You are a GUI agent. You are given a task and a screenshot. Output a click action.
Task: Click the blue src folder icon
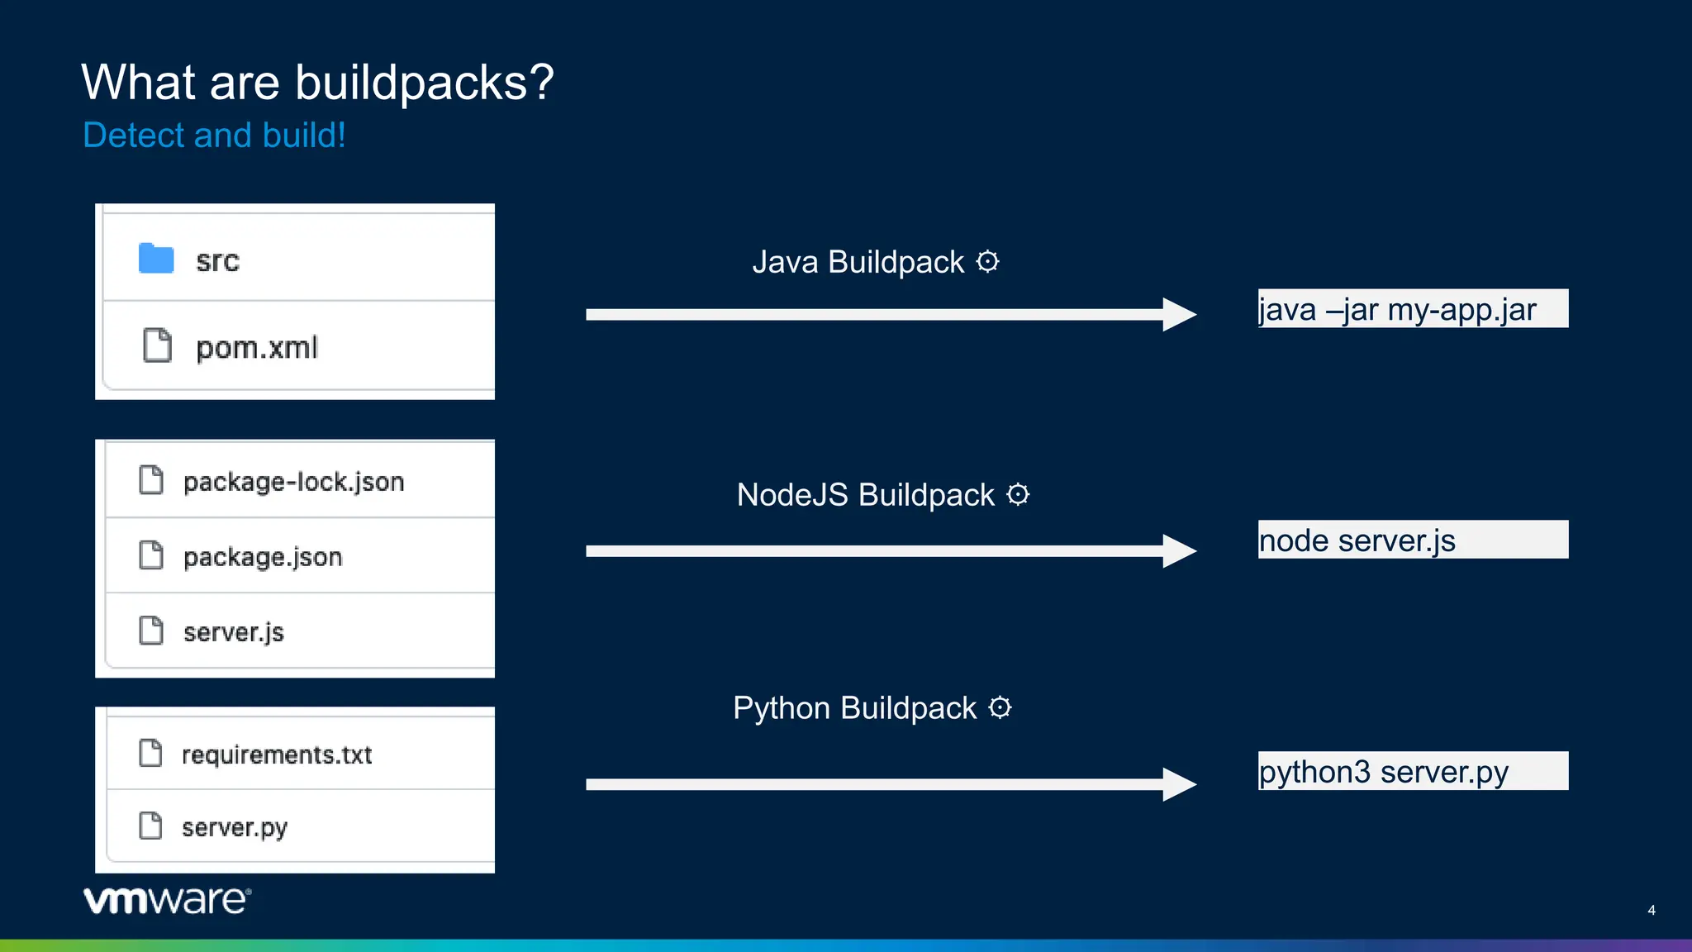click(156, 259)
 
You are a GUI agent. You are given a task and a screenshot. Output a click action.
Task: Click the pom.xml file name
click(256, 348)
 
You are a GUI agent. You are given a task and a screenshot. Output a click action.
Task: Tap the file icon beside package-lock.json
click(151, 480)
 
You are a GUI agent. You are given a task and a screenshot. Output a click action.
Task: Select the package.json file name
click(263, 557)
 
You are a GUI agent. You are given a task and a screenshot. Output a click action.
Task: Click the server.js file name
click(234, 632)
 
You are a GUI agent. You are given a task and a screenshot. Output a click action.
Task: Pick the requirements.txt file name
click(277, 754)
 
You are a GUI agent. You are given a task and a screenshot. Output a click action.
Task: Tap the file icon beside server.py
click(150, 826)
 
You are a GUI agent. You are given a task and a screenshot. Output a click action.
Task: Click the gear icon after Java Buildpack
click(988, 262)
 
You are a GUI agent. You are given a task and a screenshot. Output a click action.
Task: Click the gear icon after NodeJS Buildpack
click(1018, 495)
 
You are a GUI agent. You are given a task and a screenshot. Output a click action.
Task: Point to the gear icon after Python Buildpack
click(1000, 708)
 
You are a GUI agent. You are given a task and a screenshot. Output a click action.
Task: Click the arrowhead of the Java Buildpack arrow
click(1179, 315)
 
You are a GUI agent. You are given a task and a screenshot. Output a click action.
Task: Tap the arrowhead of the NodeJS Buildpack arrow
click(1179, 551)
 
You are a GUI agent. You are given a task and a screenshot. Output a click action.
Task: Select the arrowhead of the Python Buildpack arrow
click(1179, 784)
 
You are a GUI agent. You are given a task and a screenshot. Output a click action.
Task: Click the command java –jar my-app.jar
click(1397, 310)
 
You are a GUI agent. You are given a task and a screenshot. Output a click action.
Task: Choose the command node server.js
click(1357, 541)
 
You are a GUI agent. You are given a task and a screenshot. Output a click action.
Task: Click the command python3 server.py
click(1383, 773)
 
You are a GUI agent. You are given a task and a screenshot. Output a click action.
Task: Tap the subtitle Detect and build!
click(214, 136)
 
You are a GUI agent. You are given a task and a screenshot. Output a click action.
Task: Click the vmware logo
click(167, 900)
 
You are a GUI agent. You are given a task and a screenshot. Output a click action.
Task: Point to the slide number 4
click(1651, 911)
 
